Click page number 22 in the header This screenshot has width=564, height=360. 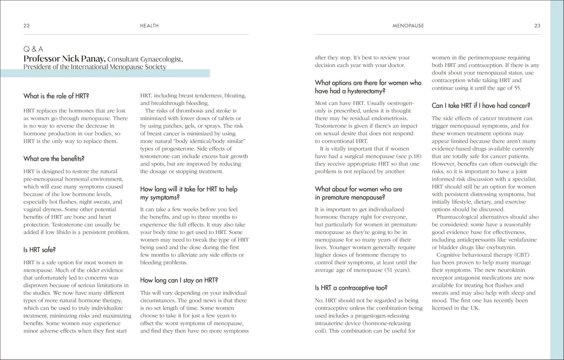click(x=26, y=26)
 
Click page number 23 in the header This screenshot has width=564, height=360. click(x=537, y=26)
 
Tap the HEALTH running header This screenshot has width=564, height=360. click(x=149, y=26)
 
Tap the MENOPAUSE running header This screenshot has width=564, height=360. click(x=408, y=26)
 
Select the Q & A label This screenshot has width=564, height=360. click(x=33, y=49)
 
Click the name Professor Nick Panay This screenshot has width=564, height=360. click(x=65, y=59)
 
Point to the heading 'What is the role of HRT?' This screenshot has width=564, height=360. click(x=56, y=96)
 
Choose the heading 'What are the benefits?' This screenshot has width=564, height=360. click(x=54, y=159)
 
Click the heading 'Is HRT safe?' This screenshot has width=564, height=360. click(x=39, y=250)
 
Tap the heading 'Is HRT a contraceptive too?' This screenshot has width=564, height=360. click(x=351, y=288)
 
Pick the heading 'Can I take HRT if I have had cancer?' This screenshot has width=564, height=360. click(x=481, y=106)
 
